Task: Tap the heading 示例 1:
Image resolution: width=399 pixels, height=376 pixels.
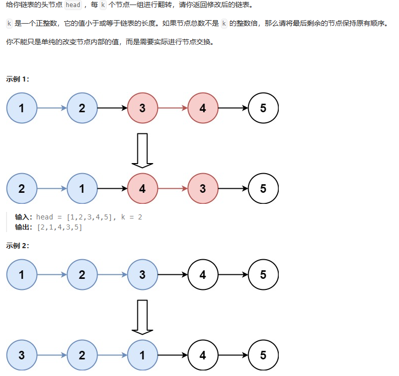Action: point(18,79)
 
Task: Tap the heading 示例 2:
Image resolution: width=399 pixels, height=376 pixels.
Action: point(18,246)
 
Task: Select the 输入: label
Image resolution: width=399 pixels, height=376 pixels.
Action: point(24,217)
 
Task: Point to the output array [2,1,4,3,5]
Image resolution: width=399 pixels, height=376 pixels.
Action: point(59,227)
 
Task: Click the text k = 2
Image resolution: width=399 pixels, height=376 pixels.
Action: point(133,217)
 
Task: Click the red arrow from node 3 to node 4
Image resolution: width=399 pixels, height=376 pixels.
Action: point(173,108)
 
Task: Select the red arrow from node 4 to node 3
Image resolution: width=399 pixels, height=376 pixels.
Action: point(173,189)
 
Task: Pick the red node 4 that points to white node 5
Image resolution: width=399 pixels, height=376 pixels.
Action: point(203,108)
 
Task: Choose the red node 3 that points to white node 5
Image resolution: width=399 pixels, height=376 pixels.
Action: point(203,189)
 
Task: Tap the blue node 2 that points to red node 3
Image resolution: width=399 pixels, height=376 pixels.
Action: point(82,108)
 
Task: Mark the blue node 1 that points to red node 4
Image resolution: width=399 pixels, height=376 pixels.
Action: point(82,189)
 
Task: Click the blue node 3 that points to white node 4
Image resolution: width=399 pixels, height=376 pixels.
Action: point(142,275)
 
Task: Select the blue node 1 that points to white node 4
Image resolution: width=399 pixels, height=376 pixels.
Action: point(142,355)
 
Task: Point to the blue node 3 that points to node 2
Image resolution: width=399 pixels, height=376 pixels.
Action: point(22,355)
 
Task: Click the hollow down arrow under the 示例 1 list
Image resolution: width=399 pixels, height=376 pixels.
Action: point(142,150)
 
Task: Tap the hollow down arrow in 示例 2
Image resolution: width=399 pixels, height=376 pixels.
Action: point(142,317)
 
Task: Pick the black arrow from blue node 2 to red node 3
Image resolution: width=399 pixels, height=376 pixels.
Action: point(112,108)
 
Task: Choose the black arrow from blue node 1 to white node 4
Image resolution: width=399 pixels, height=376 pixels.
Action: point(173,355)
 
